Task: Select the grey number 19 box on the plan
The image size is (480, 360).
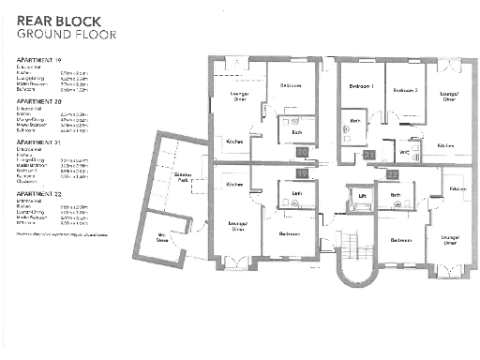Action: coord(302,172)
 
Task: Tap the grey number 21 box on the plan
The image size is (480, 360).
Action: coord(369,154)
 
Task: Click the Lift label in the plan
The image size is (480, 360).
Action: coord(362,196)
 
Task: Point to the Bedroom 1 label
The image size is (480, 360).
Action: coord(362,87)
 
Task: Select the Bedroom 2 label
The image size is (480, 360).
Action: coord(404,90)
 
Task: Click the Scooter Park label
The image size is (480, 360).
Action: coord(183,177)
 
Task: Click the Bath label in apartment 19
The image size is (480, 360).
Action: coord(296,193)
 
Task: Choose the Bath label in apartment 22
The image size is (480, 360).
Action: coord(397,195)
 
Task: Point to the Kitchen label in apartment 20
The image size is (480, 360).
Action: coord(234,142)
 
